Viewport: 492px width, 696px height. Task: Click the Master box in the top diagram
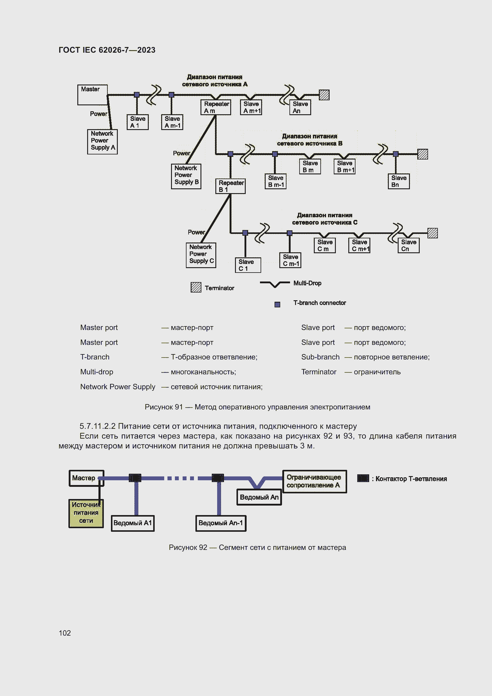pos(93,95)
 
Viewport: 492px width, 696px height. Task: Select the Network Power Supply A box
pos(102,142)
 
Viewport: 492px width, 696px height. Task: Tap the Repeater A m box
pos(216,107)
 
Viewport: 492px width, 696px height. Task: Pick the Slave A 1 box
pos(137,122)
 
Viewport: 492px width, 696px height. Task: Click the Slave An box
pos(300,107)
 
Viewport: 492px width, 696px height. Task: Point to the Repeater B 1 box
pos(230,186)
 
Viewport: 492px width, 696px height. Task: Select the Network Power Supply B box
pos(186,176)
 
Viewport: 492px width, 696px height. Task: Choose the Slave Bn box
pos(399,181)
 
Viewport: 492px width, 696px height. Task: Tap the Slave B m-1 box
pos(275,181)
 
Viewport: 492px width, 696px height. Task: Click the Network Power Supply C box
pos(201,255)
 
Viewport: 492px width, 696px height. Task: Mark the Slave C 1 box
pos(248,265)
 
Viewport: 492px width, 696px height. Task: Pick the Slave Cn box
pos(408,245)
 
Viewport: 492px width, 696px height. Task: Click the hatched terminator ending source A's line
pos(324,95)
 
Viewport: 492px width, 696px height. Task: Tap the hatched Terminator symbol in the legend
pos(196,287)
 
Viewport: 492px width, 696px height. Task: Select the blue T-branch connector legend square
pos(277,304)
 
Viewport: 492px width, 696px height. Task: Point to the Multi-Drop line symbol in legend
pos(275,284)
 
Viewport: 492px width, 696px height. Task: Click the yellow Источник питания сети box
pos(86,513)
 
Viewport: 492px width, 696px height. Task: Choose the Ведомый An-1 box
pos(220,523)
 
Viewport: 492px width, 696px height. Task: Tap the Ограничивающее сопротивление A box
pos(314,481)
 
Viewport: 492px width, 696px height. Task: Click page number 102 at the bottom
pos(65,633)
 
